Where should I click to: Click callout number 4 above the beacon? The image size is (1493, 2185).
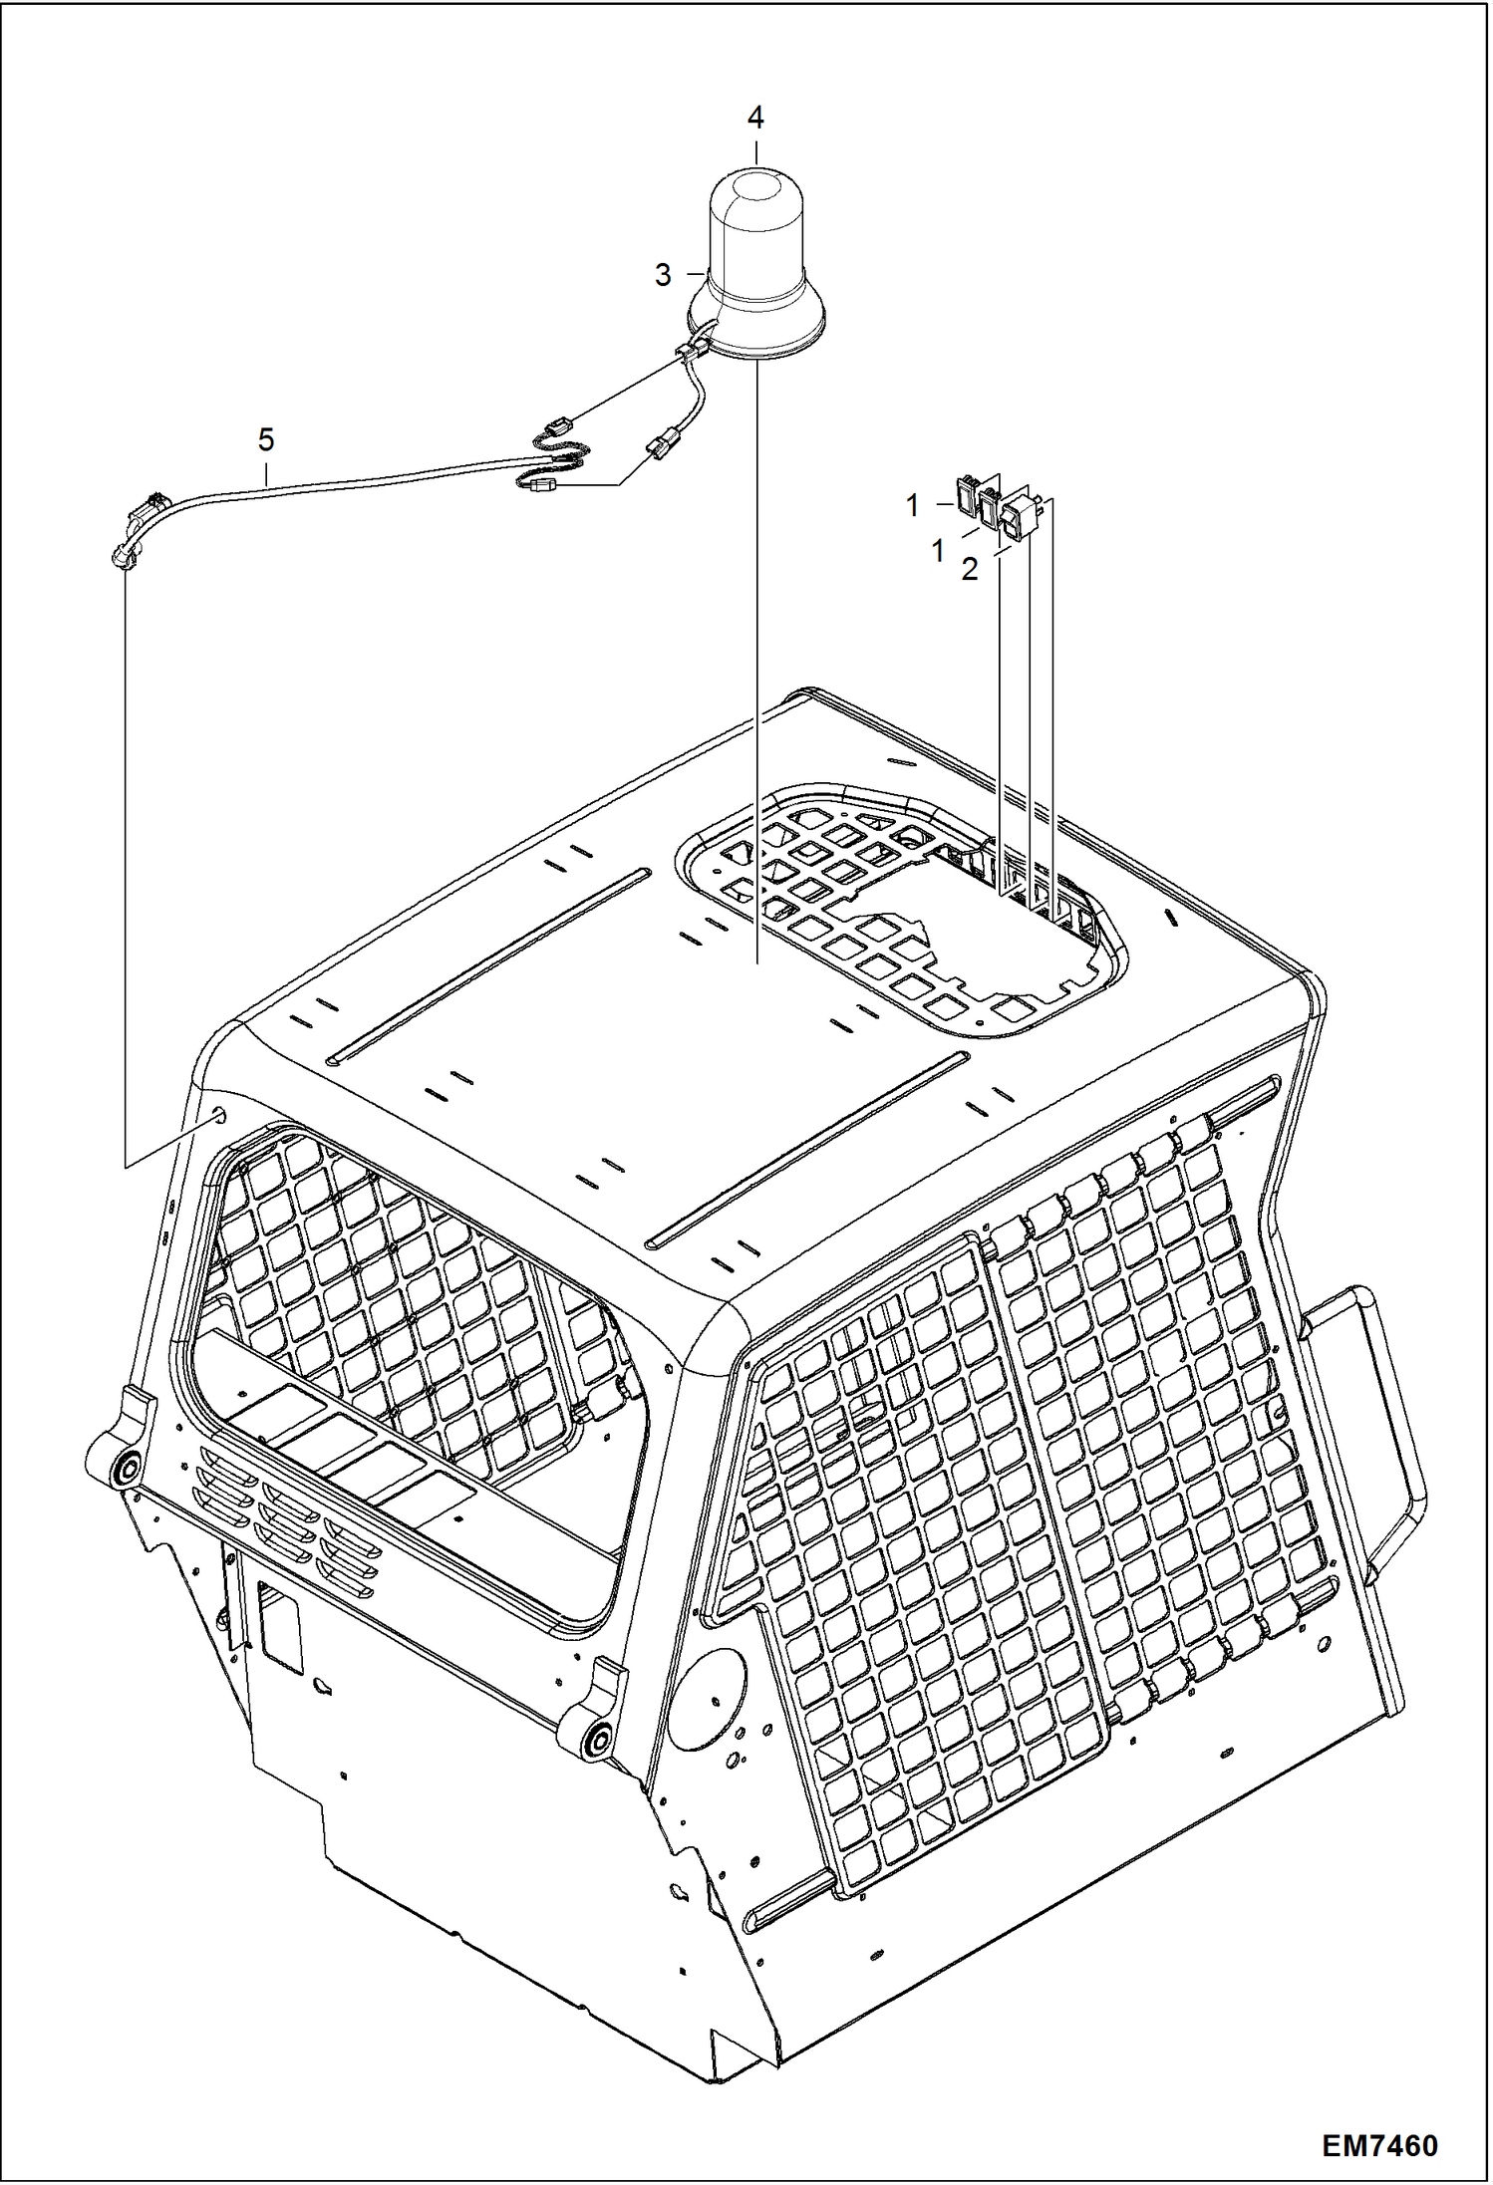point(755,118)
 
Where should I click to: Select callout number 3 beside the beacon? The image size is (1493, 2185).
point(663,275)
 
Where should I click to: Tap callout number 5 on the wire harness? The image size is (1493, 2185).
point(265,439)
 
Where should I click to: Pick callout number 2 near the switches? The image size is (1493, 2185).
point(970,570)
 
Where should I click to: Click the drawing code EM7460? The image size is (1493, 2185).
point(1380,2145)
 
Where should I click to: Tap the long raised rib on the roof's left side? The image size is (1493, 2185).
point(488,962)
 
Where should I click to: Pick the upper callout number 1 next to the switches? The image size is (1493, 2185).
point(912,506)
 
